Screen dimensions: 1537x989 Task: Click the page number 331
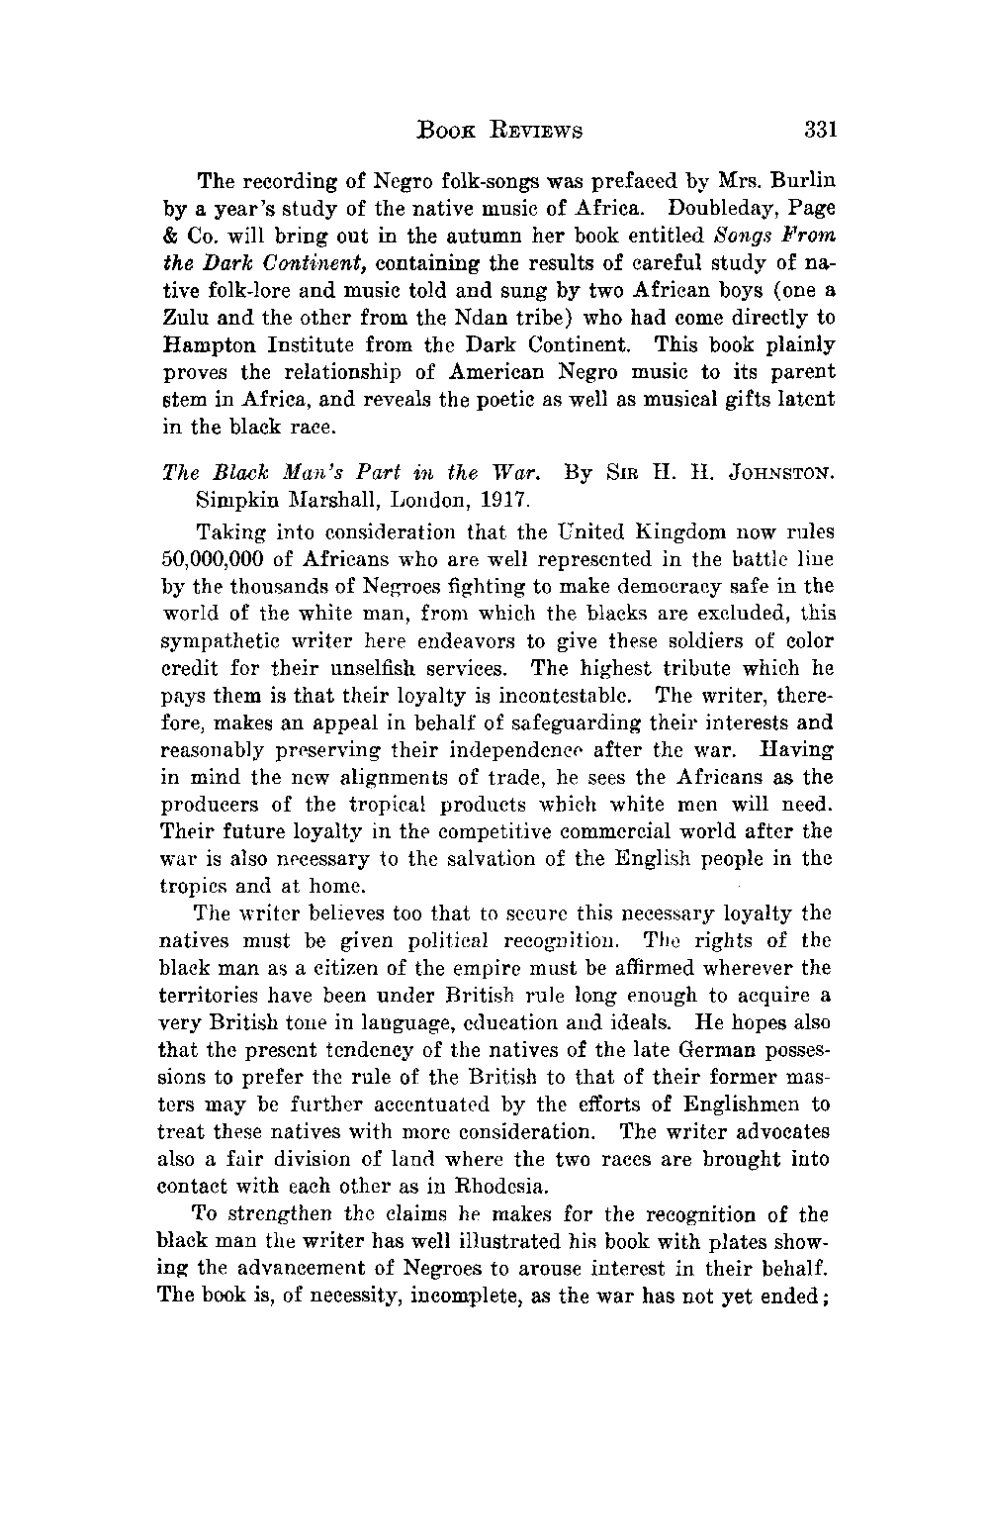821,130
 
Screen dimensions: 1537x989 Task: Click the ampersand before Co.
169,237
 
